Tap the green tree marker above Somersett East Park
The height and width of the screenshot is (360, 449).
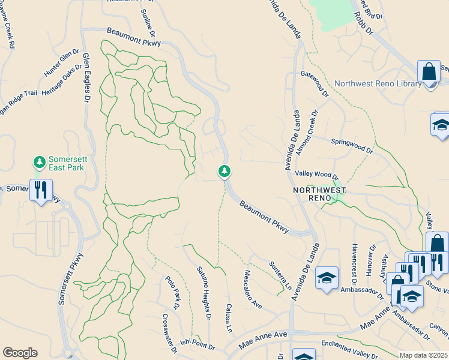pyautogui.click(x=40, y=161)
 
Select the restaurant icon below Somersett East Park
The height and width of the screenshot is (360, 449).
pyautogui.click(x=41, y=190)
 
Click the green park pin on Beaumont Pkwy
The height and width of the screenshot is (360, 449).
pyautogui.click(x=224, y=172)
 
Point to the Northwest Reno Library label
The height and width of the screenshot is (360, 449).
pyautogui.click(x=378, y=83)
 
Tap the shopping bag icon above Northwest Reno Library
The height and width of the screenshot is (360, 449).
pyautogui.click(x=429, y=72)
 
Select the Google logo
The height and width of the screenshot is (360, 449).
pyautogui.click(x=20, y=353)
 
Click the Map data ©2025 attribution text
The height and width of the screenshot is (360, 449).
pyautogui.click(x=424, y=355)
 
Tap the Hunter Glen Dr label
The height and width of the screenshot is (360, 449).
pyautogui.click(x=61, y=63)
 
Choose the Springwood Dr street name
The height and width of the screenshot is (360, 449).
pyautogui.click(x=352, y=146)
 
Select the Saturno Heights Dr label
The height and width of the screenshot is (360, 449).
pyautogui.click(x=205, y=293)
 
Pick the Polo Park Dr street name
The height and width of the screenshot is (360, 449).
pyautogui.click(x=173, y=292)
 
